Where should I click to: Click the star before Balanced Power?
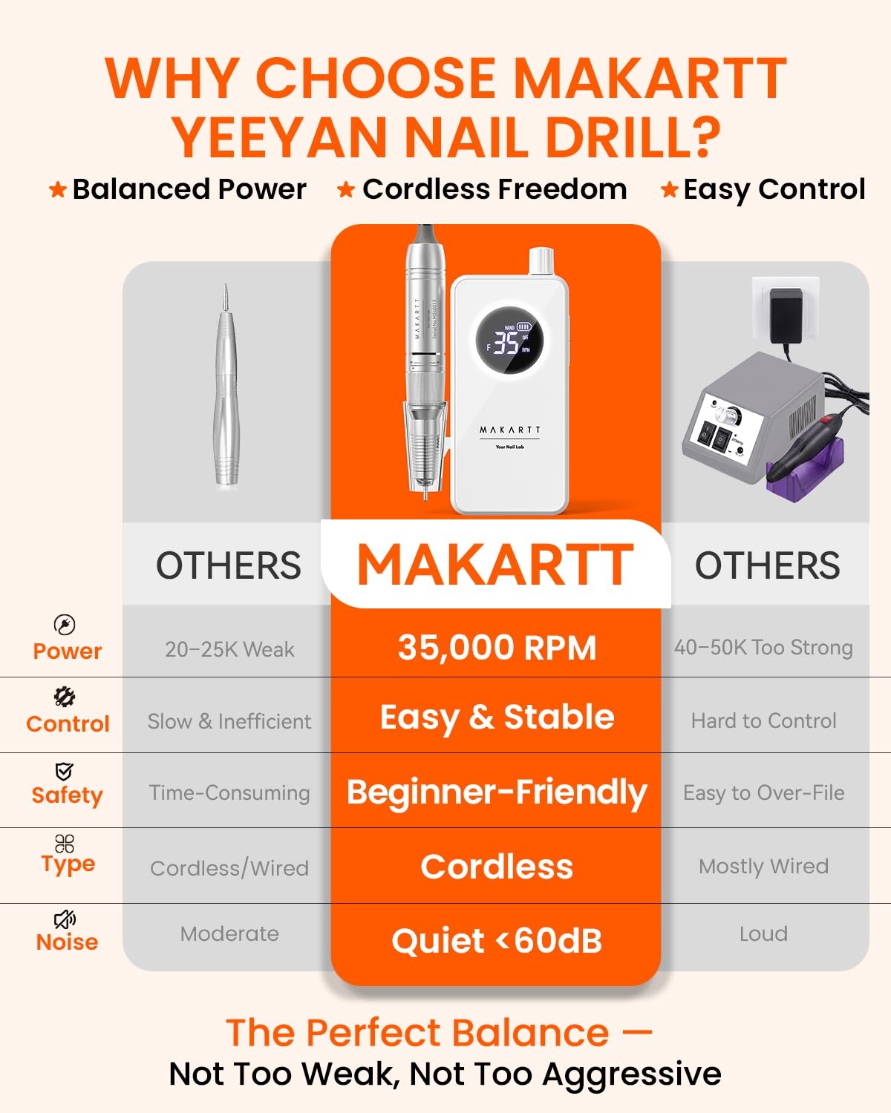click(x=58, y=190)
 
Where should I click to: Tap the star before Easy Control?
click(x=670, y=190)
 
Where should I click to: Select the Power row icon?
click(x=64, y=624)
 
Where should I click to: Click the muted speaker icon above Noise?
click(x=65, y=919)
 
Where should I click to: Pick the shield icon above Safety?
click(x=64, y=771)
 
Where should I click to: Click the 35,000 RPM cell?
click(x=497, y=648)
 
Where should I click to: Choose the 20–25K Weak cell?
click(x=229, y=649)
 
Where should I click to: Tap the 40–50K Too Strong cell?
click(x=763, y=648)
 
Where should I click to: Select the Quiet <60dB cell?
click(x=497, y=940)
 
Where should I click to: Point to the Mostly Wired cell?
click(x=763, y=867)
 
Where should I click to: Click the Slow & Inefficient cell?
click(x=229, y=721)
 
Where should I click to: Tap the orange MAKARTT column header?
click(x=495, y=565)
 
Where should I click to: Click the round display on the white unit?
click(x=509, y=340)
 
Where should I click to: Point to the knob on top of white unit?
click(x=541, y=261)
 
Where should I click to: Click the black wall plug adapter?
click(x=786, y=315)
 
